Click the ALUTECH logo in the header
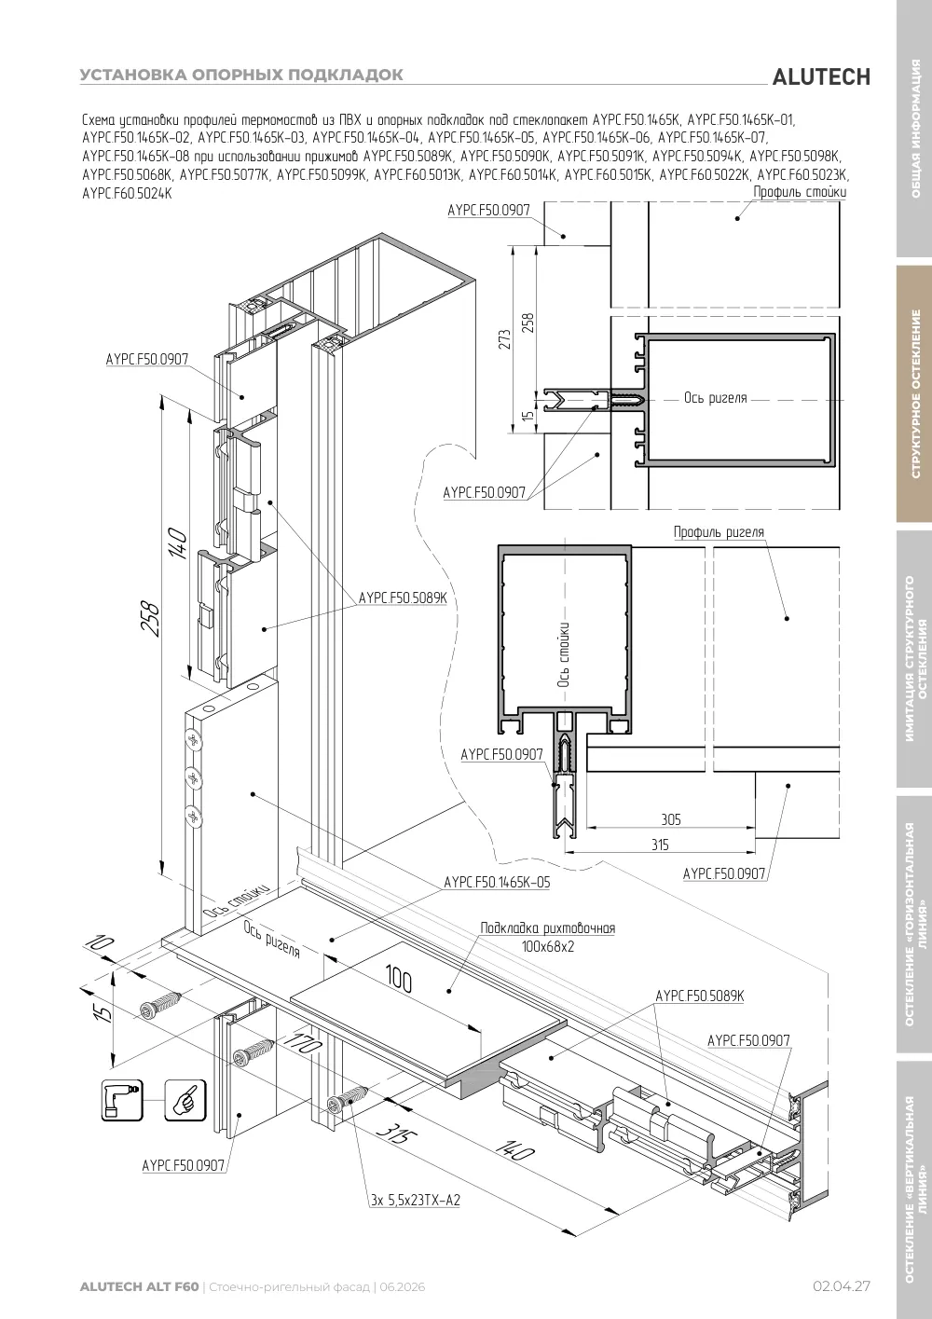821,77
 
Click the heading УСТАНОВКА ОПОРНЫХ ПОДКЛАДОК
241,75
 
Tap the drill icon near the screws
122,1099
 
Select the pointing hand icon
185,1099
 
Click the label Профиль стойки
800,192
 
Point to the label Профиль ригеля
719,531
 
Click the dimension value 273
505,339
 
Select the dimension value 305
671,819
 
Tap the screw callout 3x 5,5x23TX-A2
415,1200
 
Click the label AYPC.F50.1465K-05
497,882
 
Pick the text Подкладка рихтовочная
547,928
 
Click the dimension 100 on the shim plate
399,980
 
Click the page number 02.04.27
842,1285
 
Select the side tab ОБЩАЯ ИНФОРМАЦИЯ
915,129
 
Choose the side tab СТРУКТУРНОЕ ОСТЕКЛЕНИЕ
915,393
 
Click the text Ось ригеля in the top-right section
715,398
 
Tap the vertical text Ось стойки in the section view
563,654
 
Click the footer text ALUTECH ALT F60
140,1286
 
